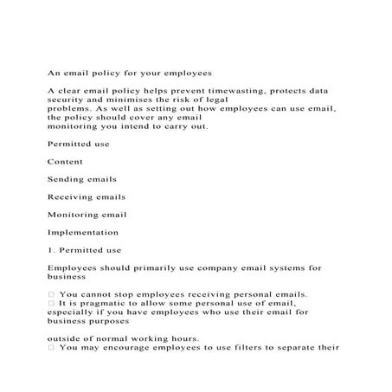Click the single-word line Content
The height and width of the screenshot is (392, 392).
(65, 161)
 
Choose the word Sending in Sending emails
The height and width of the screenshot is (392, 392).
(66, 179)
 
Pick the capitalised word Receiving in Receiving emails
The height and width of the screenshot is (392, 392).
(71, 196)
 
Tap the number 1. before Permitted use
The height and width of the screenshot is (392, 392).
(51, 250)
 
